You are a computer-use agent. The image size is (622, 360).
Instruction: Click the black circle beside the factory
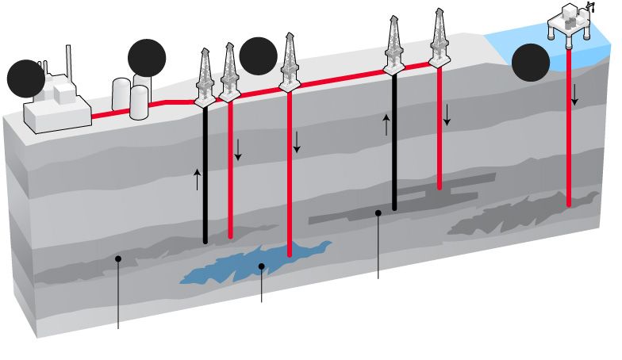pos(26,79)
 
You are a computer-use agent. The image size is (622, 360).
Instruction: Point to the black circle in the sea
pos(531,63)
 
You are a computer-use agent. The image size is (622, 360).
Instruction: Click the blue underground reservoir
pos(238,266)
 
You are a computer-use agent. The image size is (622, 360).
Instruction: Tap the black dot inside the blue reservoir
pos(261,266)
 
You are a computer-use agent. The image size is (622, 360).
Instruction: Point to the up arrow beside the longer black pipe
pos(198,179)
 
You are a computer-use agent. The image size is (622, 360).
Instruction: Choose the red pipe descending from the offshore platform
pos(570,151)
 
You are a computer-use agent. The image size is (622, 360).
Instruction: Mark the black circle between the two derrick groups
pos(258,56)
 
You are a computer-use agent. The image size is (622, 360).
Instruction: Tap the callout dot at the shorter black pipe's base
pos(378,213)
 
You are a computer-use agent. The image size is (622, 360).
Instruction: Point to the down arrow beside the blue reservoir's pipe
pos(298,142)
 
